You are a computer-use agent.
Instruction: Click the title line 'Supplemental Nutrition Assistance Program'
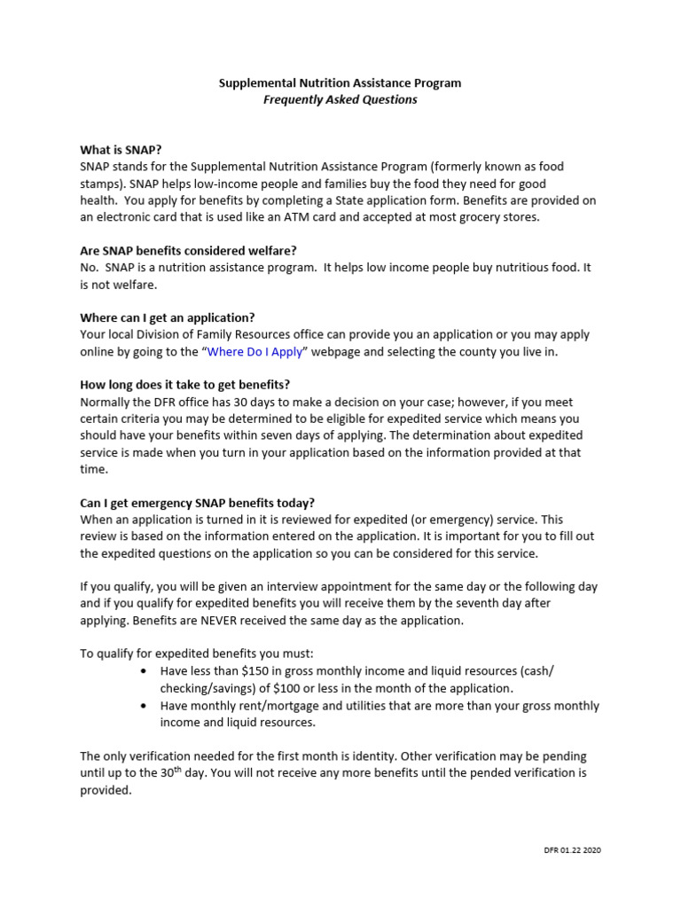point(340,83)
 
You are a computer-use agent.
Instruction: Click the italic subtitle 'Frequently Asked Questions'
point(340,100)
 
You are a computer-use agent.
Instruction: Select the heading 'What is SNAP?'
point(121,150)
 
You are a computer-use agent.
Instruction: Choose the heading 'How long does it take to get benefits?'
point(185,385)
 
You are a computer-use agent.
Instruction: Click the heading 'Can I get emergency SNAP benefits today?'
point(197,502)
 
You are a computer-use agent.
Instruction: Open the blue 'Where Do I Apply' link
point(255,352)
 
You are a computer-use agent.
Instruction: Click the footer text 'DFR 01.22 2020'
point(572,850)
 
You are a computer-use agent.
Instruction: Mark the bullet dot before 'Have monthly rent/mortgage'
point(145,706)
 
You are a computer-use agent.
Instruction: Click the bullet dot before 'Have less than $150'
point(145,671)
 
